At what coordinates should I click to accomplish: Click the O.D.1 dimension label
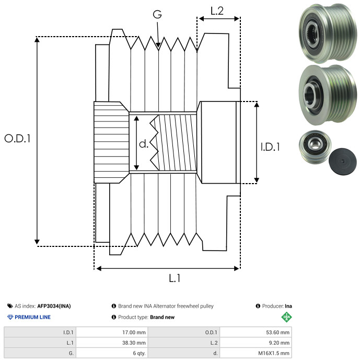[17, 139]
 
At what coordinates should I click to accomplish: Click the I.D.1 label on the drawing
[270, 148]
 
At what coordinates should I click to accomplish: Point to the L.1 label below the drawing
[174, 279]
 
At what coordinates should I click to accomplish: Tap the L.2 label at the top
[217, 10]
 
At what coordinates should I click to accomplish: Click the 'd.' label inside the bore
[144, 144]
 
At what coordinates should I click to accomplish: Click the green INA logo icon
[286, 317]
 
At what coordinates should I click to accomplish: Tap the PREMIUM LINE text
[32, 317]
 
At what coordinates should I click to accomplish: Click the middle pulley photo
[324, 95]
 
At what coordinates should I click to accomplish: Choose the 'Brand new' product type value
[162, 317]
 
